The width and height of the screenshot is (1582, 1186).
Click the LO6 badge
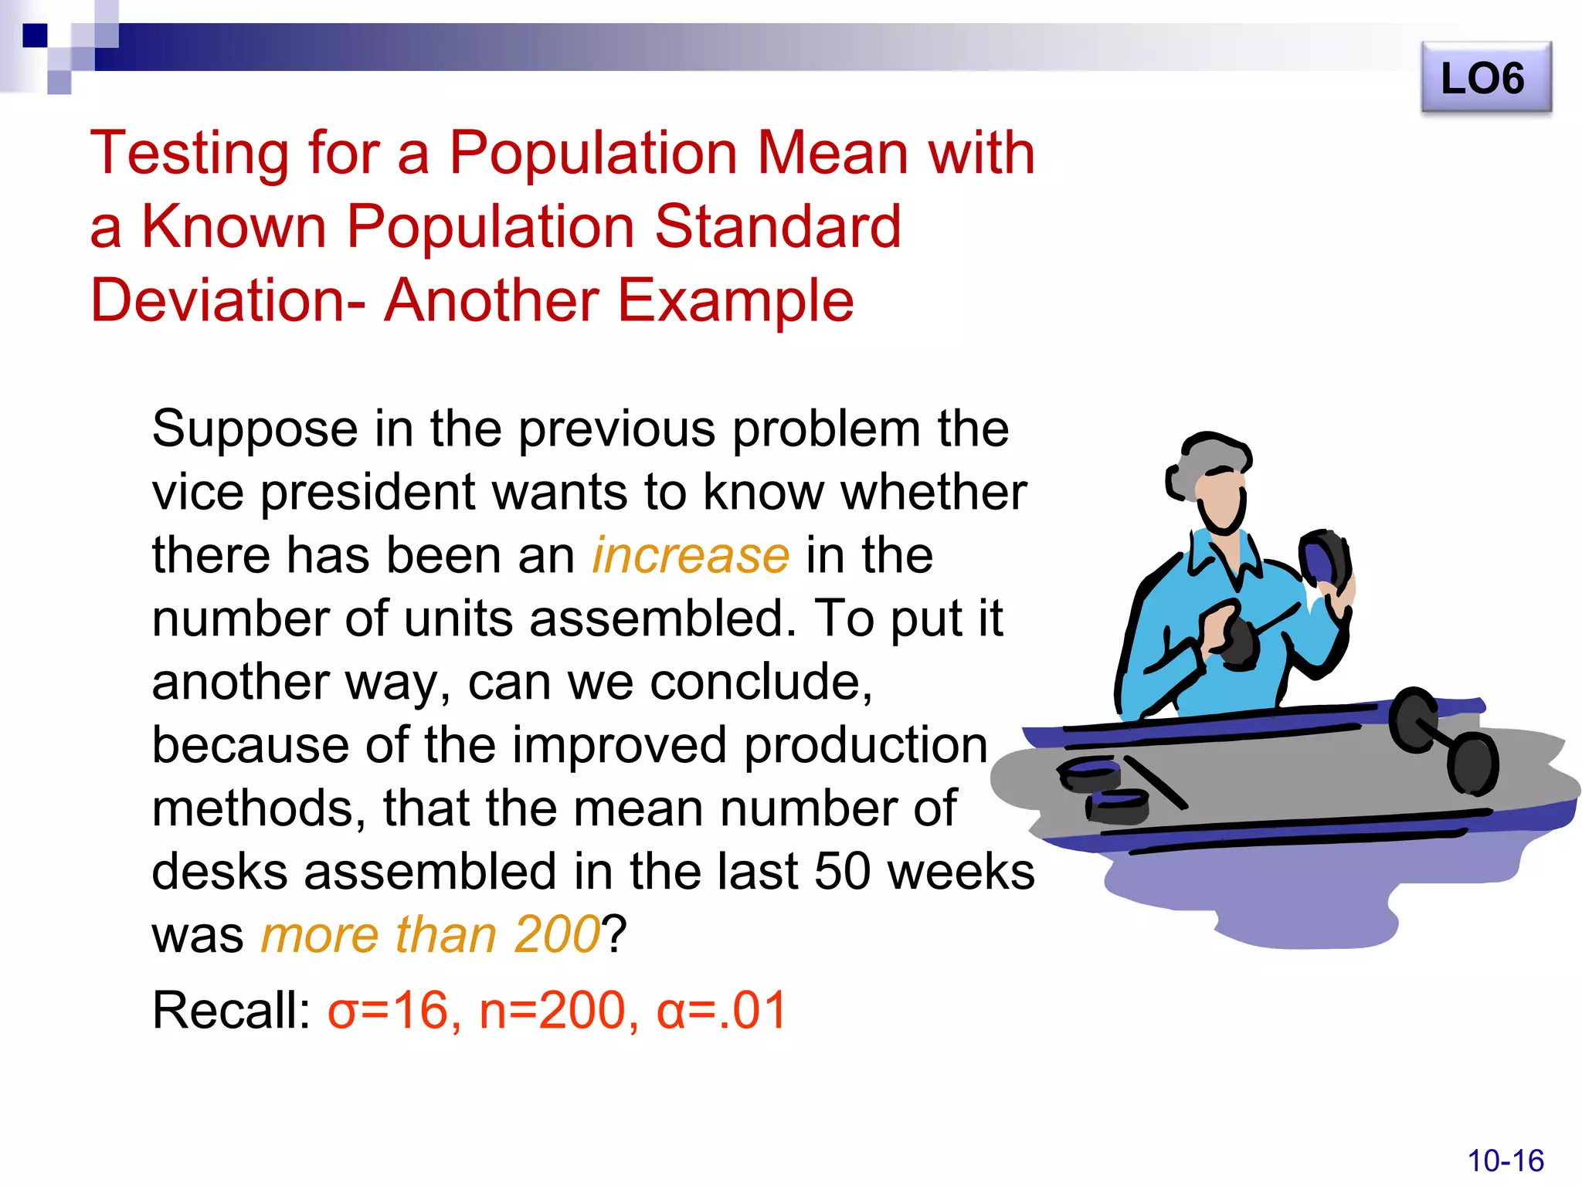[1485, 79]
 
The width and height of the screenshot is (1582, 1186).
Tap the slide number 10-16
[1505, 1161]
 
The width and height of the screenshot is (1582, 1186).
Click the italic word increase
[691, 555]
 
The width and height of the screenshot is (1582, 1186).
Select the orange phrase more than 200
[430, 934]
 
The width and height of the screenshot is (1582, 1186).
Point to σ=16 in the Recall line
[388, 1010]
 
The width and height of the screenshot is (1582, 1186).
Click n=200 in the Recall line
[552, 1010]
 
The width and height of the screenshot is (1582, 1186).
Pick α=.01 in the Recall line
[721, 1010]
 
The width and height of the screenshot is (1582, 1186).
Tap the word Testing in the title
[189, 153]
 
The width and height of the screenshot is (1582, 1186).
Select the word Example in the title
[735, 300]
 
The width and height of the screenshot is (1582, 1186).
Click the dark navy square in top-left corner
[35, 36]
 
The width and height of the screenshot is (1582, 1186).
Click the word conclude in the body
[761, 682]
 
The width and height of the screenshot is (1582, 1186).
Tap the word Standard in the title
[778, 226]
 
